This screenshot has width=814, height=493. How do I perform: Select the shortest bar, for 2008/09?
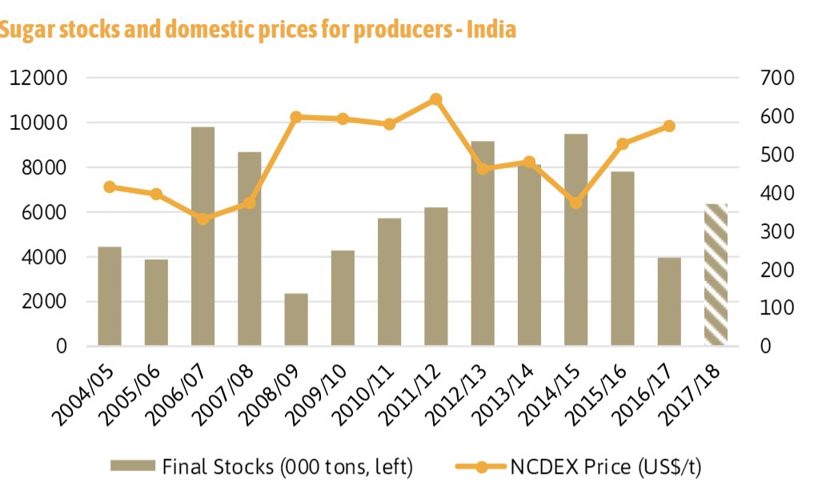pos(296,319)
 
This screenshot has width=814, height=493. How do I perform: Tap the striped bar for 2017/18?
pos(716,275)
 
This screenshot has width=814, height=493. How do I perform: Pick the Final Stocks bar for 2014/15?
pos(575,240)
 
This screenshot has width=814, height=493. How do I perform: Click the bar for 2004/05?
pos(110,296)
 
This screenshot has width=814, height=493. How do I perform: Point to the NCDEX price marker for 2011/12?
pos(436,99)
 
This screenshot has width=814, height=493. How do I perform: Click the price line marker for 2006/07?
pos(203,219)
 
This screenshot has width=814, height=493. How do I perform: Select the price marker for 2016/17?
pos(669,126)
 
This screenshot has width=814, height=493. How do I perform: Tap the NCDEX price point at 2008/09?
pos(296,117)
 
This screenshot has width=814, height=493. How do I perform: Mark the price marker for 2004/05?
pos(110,187)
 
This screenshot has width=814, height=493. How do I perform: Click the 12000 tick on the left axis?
pos(38,78)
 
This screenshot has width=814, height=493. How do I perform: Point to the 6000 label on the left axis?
pos(42,213)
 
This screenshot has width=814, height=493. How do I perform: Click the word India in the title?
pos(493,30)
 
